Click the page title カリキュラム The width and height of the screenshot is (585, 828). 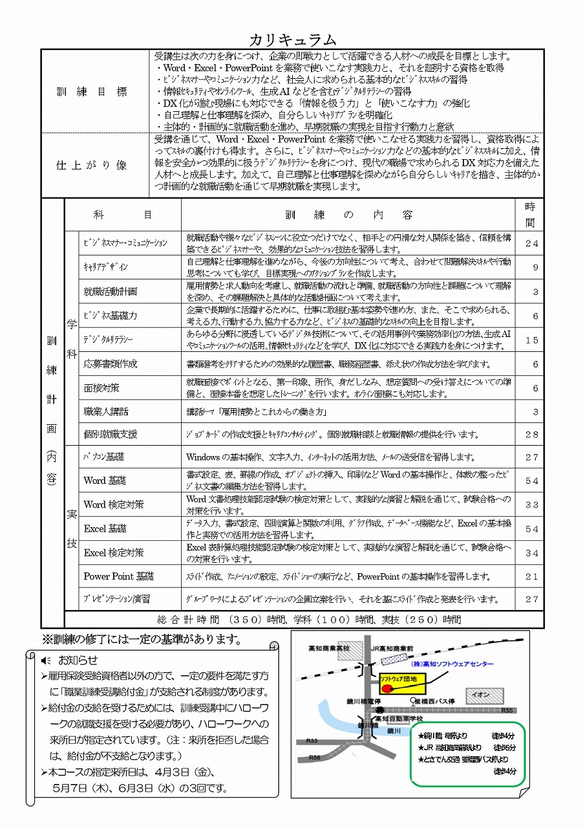click(x=292, y=39)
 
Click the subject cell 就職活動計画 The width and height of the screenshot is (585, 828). click(x=111, y=292)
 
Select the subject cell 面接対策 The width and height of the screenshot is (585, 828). click(x=101, y=388)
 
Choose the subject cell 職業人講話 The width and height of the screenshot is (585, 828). click(x=106, y=411)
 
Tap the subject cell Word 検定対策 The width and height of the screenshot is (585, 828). click(x=114, y=505)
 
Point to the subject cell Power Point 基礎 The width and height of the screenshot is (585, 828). click(x=119, y=576)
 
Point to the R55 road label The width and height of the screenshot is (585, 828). click(x=507, y=710)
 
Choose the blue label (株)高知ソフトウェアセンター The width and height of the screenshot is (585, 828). click(x=452, y=664)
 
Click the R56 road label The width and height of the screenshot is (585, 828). click(x=315, y=757)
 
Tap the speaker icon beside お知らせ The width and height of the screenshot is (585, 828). click(x=45, y=660)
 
